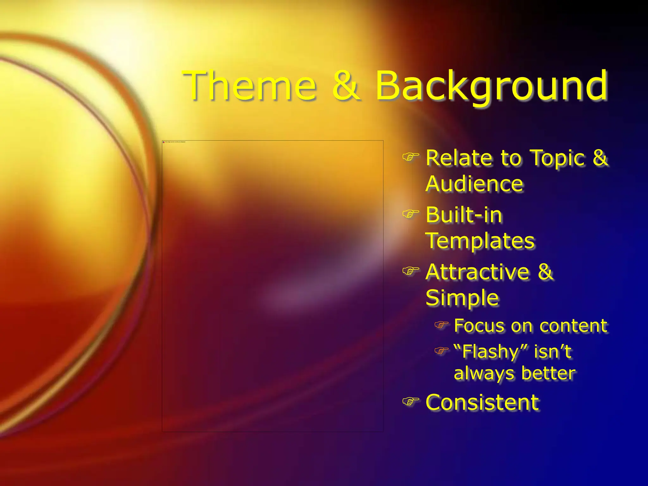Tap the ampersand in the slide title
[346, 86]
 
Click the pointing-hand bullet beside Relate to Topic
[410, 156]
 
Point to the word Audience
[474, 184]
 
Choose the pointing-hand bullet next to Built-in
[410, 214]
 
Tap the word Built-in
[464, 215]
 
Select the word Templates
[480, 241]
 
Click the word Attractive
[477, 272]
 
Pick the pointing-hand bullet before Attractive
[410, 271]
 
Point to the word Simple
[462, 298]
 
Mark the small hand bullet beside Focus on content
[441, 325]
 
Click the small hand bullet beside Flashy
[441, 351]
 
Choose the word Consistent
[482, 402]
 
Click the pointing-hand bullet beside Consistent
[410, 402]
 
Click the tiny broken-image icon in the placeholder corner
[164, 142]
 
